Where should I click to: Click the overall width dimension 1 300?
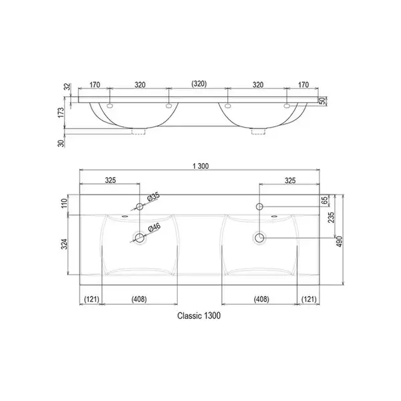click(x=200, y=166)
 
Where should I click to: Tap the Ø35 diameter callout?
click(x=154, y=196)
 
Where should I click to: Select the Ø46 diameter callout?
click(x=154, y=227)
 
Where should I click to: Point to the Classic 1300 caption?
click(x=199, y=315)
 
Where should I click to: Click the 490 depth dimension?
click(x=340, y=241)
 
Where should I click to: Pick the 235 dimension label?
click(x=331, y=217)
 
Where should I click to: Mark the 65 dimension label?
click(x=324, y=200)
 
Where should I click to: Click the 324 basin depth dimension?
click(x=64, y=244)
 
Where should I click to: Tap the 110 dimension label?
click(x=64, y=203)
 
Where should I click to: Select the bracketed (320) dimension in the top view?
click(x=199, y=84)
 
